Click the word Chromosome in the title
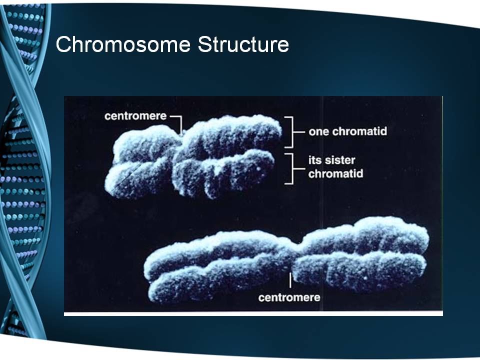pos(123,44)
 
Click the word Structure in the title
pos(243,44)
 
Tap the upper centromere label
pos(135,116)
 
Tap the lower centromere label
pos(289,297)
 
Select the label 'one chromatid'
pos(348,131)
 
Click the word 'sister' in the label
pos(339,160)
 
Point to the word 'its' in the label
pos(314,160)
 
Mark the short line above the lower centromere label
pos(290,280)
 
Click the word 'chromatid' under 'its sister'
pos(336,173)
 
